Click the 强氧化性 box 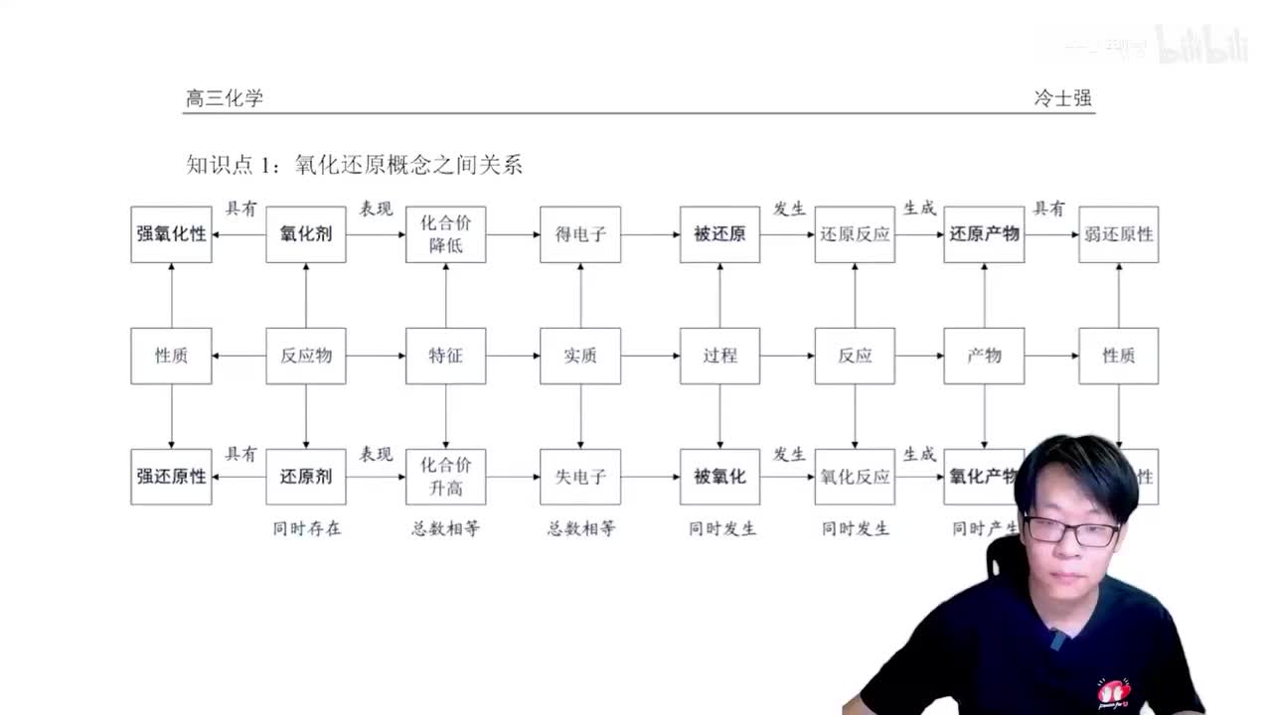click(171, 234)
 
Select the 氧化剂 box click(306, 234)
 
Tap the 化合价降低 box click(445, 234)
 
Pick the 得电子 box click(580, 234)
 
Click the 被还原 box click(719, 234)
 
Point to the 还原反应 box click(855, 234)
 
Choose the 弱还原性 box click(1119, 234)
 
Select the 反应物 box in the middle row click(306, 356)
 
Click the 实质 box click(580, 356)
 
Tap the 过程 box click(719, 356)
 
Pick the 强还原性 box click(171, 477)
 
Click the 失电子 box click(580, 477)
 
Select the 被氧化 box click(719, 477)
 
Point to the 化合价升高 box click(445, 477)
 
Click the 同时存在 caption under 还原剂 click(307, 528)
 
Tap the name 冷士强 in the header click(1062, 98)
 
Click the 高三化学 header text click(225, 98)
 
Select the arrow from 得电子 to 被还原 click(650, 235)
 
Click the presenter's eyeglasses click(1072, 530)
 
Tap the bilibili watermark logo click(1201, 46)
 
